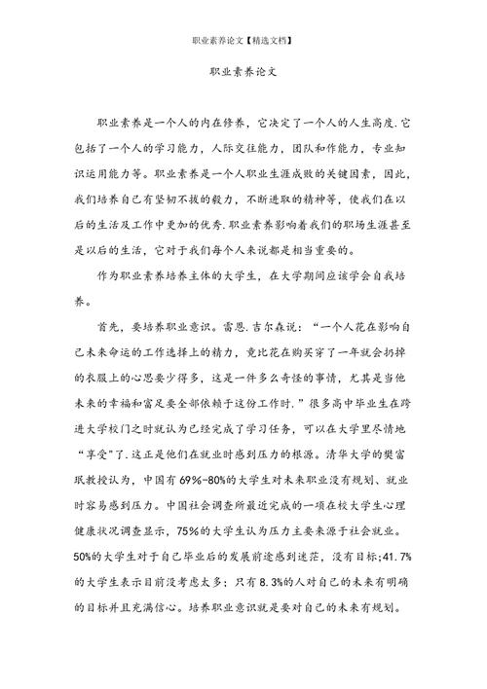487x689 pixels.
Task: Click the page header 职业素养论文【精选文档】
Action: pyautogui.click(x=243, y=42)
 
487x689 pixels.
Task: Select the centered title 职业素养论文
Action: pyautogui.click(x=243, y=72)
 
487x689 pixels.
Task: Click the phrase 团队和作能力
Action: pyautogui.click(x=318, y=151)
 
